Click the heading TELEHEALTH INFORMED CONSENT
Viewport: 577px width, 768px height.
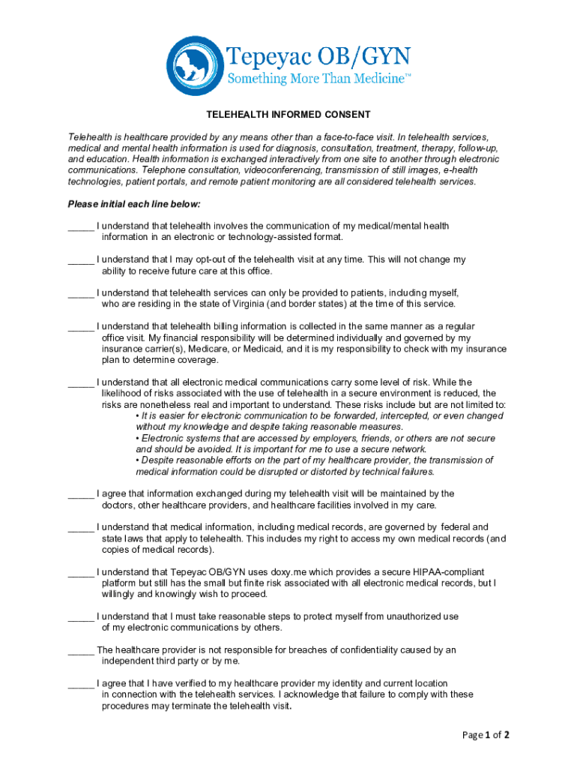point(288,115)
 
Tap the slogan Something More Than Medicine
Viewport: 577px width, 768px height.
point(319,79)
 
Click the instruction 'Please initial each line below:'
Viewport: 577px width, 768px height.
point(134,204)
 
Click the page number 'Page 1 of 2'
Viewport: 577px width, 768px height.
point(486,735)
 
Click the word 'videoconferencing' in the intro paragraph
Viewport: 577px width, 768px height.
point(268,170)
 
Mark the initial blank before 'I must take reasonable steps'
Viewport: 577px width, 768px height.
point(81,617)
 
